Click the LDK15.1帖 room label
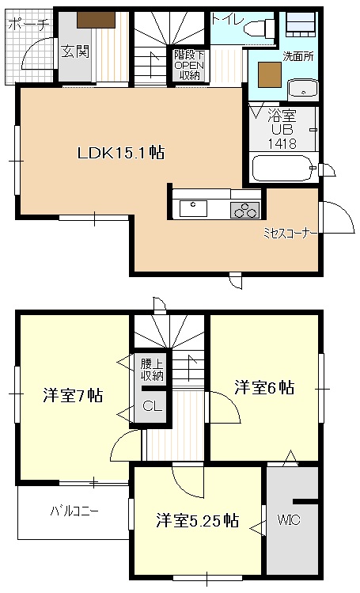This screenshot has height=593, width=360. coord(120,154)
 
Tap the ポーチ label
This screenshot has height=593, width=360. coord(28,25)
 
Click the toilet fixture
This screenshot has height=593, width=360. coord(258,29)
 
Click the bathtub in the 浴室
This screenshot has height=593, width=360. coord(280,168)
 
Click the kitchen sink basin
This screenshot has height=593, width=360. coord(194,208)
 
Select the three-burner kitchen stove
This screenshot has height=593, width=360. coord(244,210)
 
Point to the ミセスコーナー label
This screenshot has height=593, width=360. coord(290,234)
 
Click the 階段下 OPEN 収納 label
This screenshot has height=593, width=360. coord(190,65)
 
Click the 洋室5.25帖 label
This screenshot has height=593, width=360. coord(197,520)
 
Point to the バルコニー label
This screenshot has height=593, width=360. coord(73,511)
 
